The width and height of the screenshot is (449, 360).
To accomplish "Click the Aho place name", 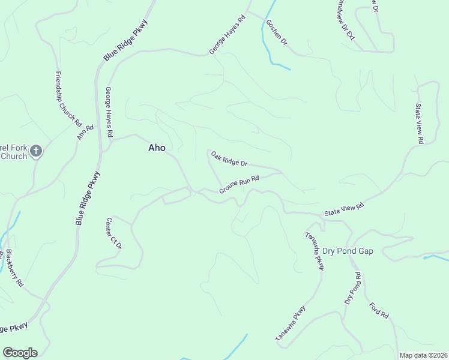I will click(x=157, y=148).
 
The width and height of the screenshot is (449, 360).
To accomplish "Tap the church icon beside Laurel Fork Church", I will click(x=36, y=151).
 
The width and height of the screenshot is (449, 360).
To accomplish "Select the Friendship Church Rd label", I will click(x=68, y=99).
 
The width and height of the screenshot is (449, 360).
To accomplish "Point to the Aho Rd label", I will click(x=85, y=132).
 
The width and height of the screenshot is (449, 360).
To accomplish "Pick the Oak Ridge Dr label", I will click(x=229, y=158).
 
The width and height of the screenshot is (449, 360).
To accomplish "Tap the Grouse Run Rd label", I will click(x=239, y=184).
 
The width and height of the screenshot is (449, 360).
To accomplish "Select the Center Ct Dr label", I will click(x=114, y=233).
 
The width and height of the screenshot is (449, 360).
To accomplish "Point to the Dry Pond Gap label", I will click(x=348, y=251).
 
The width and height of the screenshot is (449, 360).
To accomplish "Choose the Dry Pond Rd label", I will click(x=352, y=287).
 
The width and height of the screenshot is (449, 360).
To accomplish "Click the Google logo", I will click(x=20, y=353).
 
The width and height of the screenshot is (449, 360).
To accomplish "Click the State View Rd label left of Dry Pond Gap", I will click(x=344, y=209).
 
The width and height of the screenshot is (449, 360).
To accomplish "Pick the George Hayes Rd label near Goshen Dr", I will click(x=228, y=35).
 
